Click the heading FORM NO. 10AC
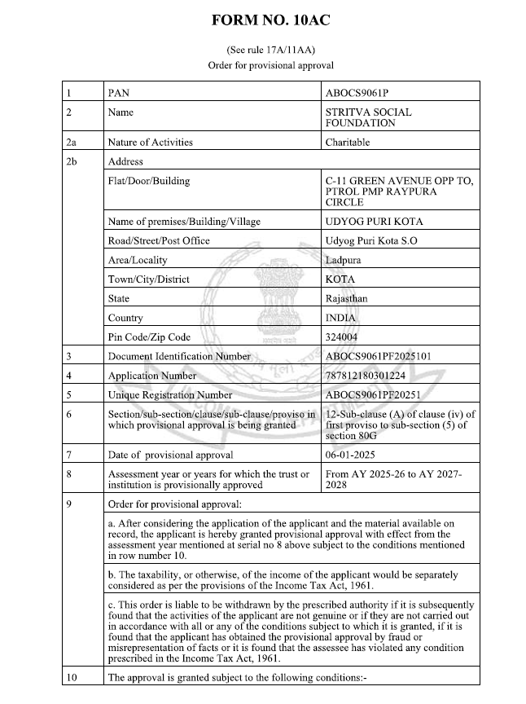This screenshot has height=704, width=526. tap(263, 19)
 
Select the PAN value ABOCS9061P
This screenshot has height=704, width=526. tap(363, 94)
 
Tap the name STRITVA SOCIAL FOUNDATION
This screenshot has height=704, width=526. tap(368, 117)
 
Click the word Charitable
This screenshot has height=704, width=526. tap(348, 143)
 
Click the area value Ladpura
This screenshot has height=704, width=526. tap(344, 260)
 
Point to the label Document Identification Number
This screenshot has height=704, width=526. tap(179, 357)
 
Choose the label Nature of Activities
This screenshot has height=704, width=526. tap(151, 143)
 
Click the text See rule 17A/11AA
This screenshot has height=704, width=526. tap(263, 50)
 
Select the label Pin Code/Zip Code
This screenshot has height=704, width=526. tap(149, 337)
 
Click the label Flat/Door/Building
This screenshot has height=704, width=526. tap(148, 180)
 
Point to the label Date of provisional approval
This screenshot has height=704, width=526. tap(170, 455)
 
